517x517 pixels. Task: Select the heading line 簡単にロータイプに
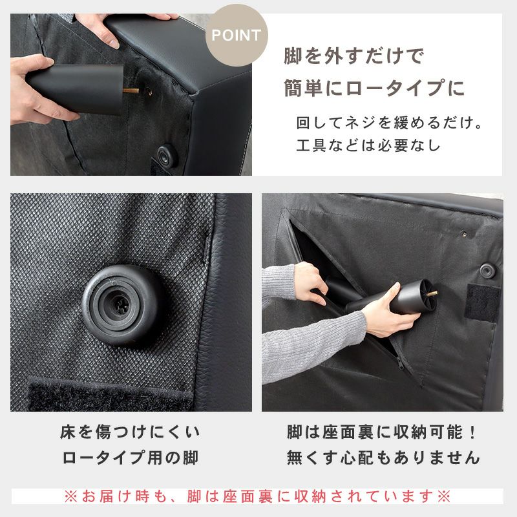point(374,88)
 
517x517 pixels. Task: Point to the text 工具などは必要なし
point(368,145)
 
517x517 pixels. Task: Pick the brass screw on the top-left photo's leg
point(131,92)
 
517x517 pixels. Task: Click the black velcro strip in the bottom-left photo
point(110,397)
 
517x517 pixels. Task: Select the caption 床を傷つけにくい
point(130,432)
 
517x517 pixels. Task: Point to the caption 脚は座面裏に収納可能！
point(383,432)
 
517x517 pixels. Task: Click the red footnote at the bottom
point(257,496)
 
